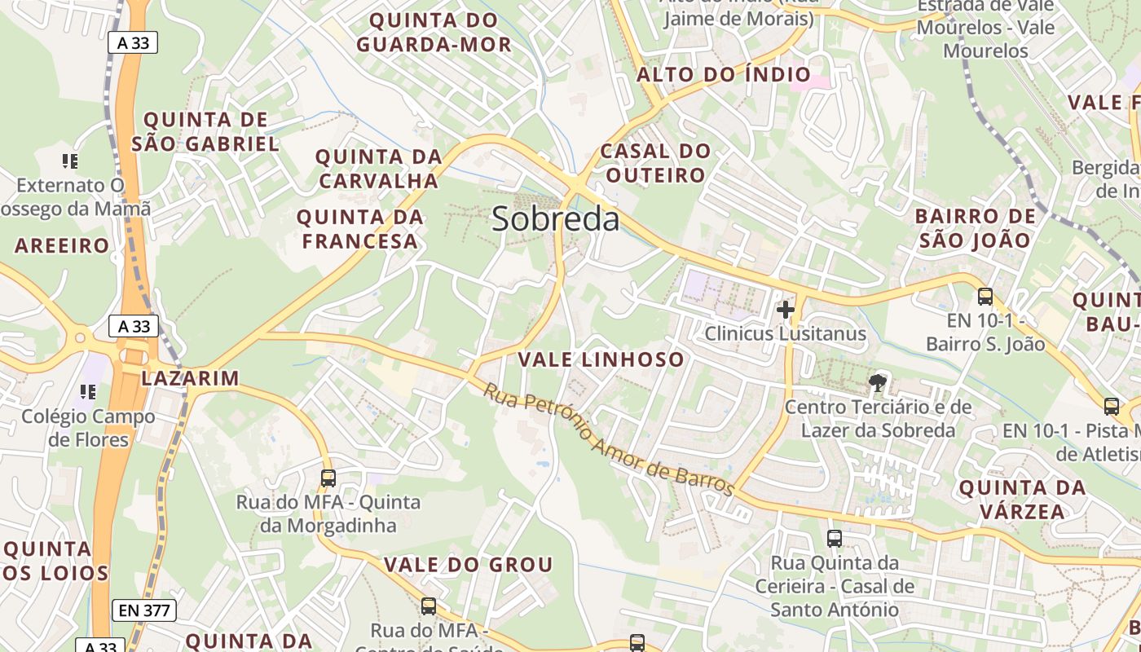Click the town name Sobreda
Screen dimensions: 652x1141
pyautogui.click(x=555, y=219)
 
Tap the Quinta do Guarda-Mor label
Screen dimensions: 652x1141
pyautogui.click(x=434, y=32)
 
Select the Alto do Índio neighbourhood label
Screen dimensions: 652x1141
pyautogui.click(x=724, y=75)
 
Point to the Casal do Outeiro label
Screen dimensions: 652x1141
pyautogui.click(x=654, y=163)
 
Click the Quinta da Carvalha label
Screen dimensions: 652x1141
pyautogui.click(x=378, y=168)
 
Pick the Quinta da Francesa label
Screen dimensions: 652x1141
pyautogui.click(x=359, y=229)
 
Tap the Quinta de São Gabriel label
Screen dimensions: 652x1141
pyautogui.click(x=205, y=132)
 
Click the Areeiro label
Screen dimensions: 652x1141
pyautogui.click(x=62, y=245)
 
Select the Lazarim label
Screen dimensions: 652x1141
pyautogui.click(x=190, y=378)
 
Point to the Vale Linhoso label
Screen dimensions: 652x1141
pyautogui.click(x=601, y=359)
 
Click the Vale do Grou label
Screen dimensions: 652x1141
pyautogui.click(x=468, y=565)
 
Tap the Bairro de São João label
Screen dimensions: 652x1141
pyautogui.click(x=975, y=228)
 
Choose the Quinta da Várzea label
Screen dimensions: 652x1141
pyautogui.click(x=1022, y=500)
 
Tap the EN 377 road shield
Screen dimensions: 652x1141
pyautogui.click(x=146, y=610)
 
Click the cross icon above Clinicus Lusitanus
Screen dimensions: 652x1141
pyautogui.click(x=786, y=310)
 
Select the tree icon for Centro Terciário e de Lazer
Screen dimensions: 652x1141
pyautogui.click(x=878, y=382)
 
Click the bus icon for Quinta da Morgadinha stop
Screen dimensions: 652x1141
pyautogui.click(x=328, y=478)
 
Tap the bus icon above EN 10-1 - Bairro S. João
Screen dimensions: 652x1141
pyautogui.click(x=985, y=297)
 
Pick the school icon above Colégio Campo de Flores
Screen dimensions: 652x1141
pyautogui.click(x=88, y=392)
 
